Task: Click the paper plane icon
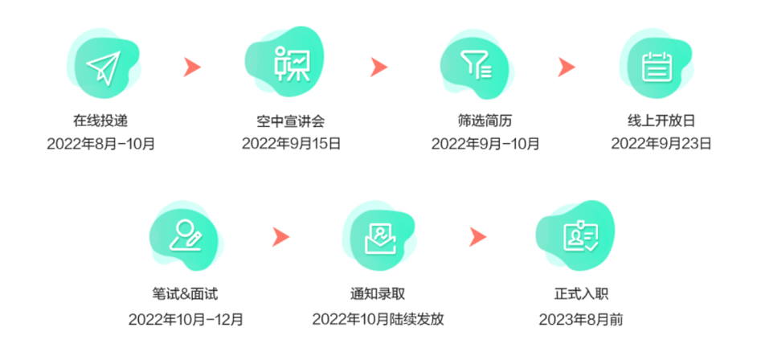point(103,67)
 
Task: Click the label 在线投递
point(100,121)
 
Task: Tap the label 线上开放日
point(661,121)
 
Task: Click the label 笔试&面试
point(186,293)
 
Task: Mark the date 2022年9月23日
point(661,144)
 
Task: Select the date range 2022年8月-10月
point(100,144)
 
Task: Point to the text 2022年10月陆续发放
point(378,319)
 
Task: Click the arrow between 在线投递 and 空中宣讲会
point(191,67)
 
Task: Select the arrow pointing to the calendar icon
point(567,67)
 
